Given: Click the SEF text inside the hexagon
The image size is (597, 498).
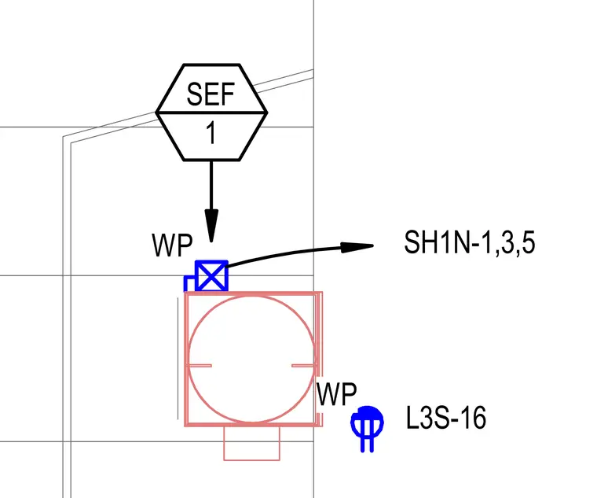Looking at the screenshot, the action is (x=211, y=94).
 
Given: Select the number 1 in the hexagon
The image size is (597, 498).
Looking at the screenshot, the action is (x=211, y=134).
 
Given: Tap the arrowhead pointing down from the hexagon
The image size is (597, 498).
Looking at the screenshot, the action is (x=211, y=225).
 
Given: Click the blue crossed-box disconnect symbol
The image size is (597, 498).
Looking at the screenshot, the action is (x=211, y=276).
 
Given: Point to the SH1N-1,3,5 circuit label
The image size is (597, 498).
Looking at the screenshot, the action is (x=470, y=242).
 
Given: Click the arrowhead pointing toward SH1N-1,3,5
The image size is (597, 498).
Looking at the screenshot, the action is (x=357, y=247).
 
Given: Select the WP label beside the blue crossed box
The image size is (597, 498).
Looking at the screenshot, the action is (x=172, y=245).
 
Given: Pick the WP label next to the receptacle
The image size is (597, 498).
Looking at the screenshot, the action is (x=336, y=394).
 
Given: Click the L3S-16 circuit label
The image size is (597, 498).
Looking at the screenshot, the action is (x=446, y=418).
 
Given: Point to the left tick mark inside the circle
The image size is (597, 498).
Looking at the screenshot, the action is (x=200, y=366).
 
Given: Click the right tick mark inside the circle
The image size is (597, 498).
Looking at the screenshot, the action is (x=303, y=366).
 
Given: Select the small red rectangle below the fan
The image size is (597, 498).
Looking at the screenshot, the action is (x=251, y=443).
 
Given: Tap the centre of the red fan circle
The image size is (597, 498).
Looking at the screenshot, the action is (x=251, y=359).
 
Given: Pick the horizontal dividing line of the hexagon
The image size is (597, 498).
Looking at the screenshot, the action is (x=211, y=113).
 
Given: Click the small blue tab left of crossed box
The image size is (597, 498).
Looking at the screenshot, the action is (x=189, y=283).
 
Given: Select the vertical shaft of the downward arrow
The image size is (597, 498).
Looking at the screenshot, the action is (x=211, y=186).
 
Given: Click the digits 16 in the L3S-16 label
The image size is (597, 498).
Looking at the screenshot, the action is (x=473, y=418).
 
